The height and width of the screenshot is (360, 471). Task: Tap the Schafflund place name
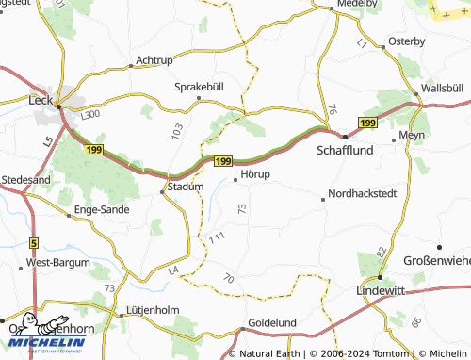[x=346, y=150]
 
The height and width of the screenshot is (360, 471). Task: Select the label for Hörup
[x=255, y=174]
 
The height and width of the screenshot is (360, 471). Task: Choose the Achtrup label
[x=154, y=60]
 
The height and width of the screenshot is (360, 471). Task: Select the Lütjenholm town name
[x=151, y=309]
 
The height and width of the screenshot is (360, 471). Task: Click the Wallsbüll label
[x=442, y=88]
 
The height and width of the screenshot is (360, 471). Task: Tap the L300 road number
[x=90, y=114]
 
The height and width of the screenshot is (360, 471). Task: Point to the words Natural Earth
[x=268, y=354]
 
